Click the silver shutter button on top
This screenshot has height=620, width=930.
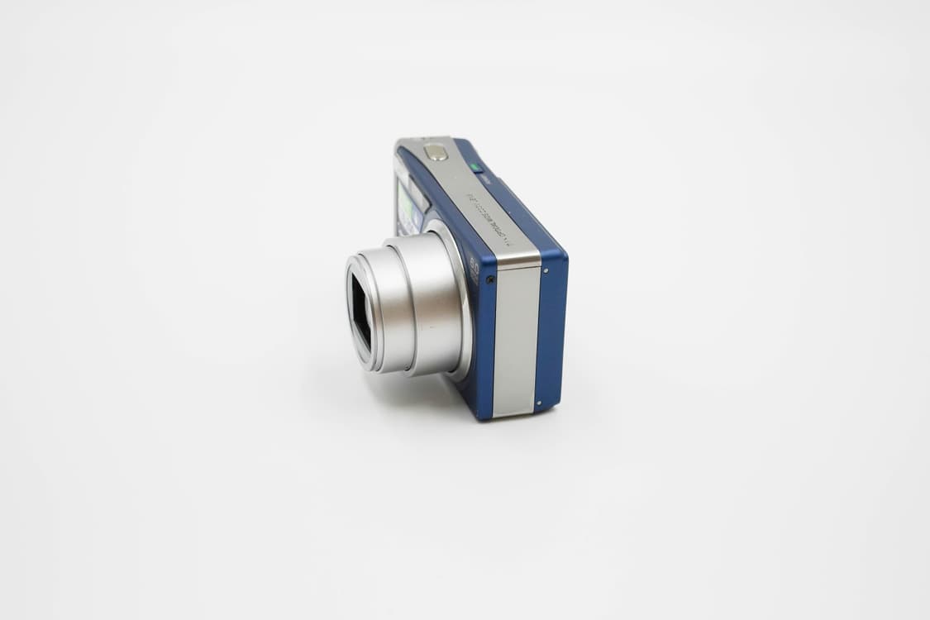(x=435, y=152)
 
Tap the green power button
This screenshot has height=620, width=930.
(x=475, y=167)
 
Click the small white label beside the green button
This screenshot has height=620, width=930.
(x=486, y=176)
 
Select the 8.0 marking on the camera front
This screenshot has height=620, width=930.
(x=474, y=266)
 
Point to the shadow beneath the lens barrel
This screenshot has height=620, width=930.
(x=413, y=389)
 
